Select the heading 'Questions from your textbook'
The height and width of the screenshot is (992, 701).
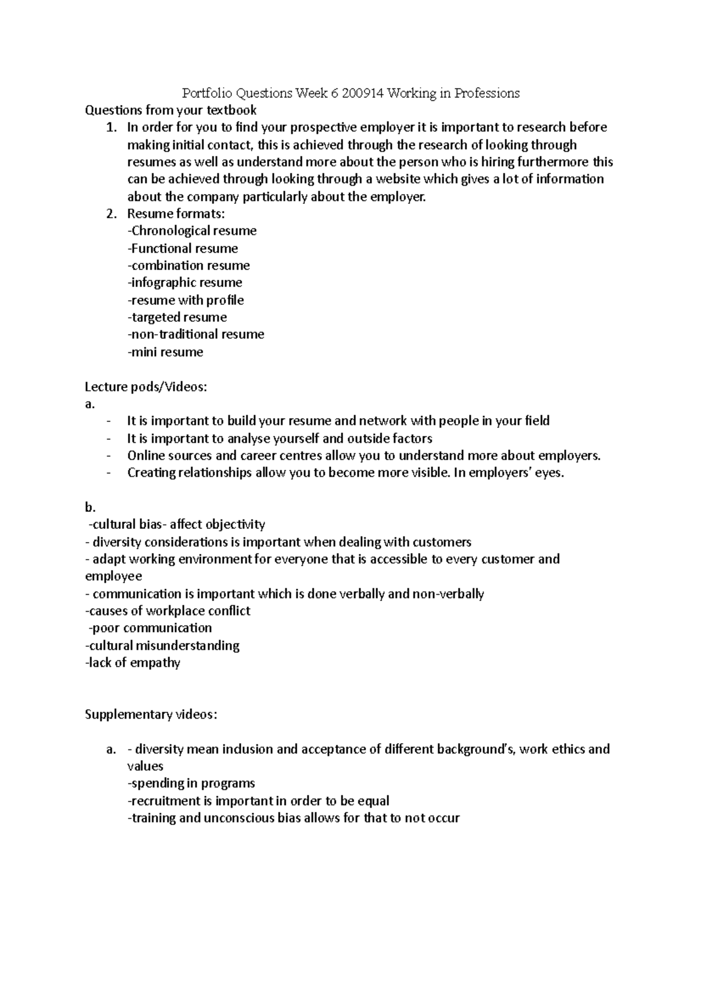tap(171, 110)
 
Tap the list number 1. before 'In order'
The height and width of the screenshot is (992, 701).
tap(112, 127)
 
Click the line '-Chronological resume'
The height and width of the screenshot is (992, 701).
tap(192, 231)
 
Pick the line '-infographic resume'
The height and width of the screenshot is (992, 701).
tap(185, 283)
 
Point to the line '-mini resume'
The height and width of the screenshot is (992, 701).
tap(165, 352)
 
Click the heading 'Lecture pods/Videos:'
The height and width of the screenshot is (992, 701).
tap(146, 387)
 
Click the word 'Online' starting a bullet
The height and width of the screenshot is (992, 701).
tap(144, 456)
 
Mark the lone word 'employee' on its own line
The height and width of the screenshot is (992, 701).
tap(113, 576)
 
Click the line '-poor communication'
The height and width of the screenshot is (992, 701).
tap(150, 628)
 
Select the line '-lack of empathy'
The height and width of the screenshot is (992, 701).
tap(133, 663)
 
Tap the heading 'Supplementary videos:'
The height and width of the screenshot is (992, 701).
tap(151, 714)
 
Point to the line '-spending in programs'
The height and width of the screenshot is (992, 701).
tap(191, 783)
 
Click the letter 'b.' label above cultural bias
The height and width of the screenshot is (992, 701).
tap(90, 507)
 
